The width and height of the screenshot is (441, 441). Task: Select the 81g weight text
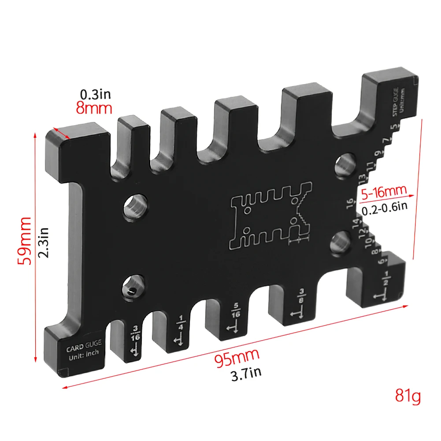pos(408,396)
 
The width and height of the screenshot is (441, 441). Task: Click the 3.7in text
pos(246,374)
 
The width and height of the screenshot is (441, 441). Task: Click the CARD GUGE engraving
pos(84,348)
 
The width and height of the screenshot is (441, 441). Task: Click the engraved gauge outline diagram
pos(271,215)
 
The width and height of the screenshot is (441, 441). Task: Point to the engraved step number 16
pos(350,204)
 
